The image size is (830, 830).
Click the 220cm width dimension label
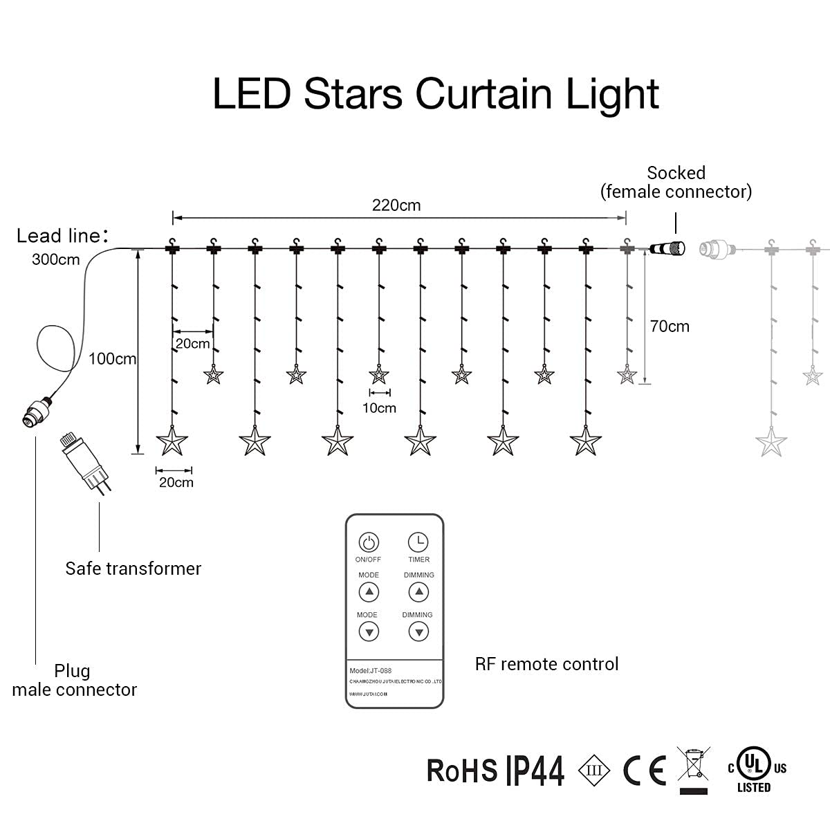(396, 205)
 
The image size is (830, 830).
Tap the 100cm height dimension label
(112, 359)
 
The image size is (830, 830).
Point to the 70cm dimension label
(670, 326)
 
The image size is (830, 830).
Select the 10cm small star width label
(379, 408)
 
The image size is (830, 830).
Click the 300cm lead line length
(55, 260)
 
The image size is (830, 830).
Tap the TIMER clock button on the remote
(418, 542)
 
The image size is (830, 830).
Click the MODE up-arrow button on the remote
(369, 592)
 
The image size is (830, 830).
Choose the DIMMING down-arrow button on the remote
(418, 631)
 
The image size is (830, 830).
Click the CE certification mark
(645, 770)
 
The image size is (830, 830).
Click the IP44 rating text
(535, 771)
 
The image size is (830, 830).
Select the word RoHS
(461, 771)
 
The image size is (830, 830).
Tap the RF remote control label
(546, 664)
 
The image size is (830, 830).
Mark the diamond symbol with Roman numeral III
(594, 770)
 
